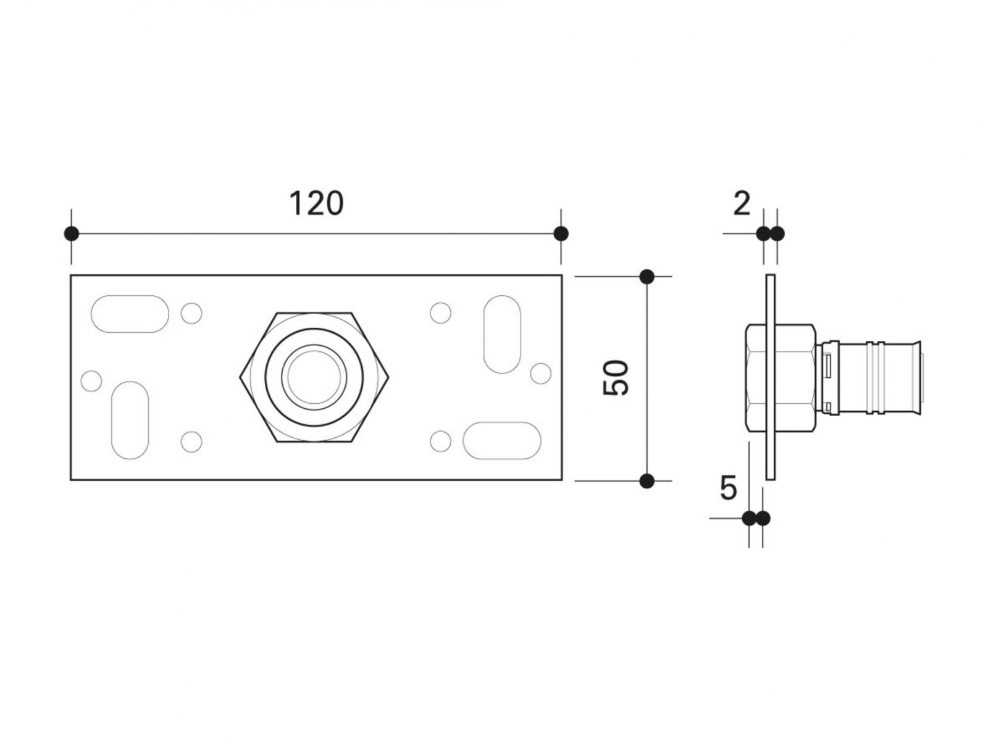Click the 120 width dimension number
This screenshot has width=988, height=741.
tap(316, 203)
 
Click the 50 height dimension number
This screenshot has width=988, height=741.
tap(616, 378)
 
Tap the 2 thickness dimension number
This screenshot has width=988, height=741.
tap(742, 204)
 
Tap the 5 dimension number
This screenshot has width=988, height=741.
tap(729, 488)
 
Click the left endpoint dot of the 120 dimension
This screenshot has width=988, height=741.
tap(72, 234)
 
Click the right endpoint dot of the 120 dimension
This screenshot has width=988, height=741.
tap(561, 234)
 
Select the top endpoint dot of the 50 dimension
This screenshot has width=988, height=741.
tap(647, 277)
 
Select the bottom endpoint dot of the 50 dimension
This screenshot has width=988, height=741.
tap(647, 480)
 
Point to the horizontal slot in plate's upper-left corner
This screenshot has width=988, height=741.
tap(130, 314)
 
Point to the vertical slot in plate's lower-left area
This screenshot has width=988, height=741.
tap(130, 420)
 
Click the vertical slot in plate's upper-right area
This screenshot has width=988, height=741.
tap(502, 334)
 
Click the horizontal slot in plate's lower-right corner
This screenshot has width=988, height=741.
tap(501, 440)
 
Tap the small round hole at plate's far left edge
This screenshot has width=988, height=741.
tap(91, 381)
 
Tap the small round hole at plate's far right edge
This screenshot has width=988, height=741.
tap(541, 373)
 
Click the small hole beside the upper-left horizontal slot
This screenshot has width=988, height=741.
tap(191, 313)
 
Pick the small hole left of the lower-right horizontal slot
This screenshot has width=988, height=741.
tap(440, 441)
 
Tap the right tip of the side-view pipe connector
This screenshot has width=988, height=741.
tap(920, 377)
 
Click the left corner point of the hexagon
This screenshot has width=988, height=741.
tap(241, 377)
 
